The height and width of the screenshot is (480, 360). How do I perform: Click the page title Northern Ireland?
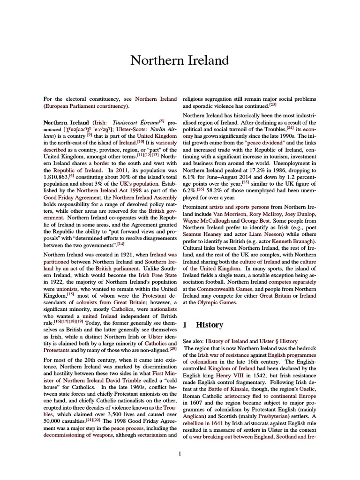click(180, 60)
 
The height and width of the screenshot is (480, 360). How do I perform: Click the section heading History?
click(210, 325)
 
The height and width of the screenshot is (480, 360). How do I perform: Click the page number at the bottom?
click(180, 453)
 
